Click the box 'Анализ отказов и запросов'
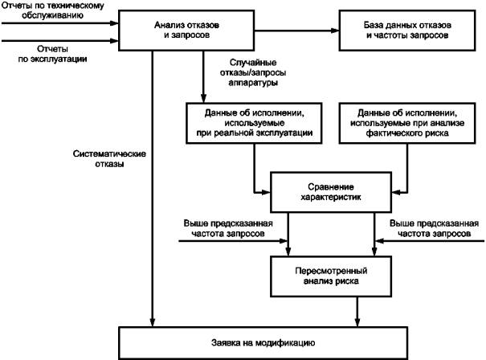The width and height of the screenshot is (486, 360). pos(186,31)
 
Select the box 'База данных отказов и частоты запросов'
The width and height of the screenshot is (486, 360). pos(407,31)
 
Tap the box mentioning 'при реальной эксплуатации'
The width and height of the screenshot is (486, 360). pos(254,123)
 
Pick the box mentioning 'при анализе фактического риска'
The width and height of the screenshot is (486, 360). pos(407,123)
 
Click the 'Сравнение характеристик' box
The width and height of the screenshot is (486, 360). pos(331,192)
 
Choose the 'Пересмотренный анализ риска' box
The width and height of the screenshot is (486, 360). pos(331,276)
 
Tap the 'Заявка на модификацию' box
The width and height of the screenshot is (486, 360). pos(263,343)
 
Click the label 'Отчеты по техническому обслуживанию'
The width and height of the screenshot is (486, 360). pos(53,10)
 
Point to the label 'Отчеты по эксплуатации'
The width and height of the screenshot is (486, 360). pos(52,54)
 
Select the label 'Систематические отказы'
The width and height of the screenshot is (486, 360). pos(109,159)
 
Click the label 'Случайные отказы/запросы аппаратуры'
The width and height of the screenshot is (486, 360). pos(253,72)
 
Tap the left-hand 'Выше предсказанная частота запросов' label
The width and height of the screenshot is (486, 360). pos(228,228)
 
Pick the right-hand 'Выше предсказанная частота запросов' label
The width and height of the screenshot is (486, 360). pos(434,228)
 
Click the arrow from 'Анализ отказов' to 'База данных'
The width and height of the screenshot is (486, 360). pos(297,31)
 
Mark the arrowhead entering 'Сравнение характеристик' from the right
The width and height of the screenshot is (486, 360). pos(396,192)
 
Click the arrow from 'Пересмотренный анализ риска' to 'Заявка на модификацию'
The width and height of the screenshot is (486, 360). pos(357,312)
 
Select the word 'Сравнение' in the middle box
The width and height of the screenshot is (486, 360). pos(331,187)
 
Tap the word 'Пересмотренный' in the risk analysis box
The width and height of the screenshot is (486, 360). pos(331,271)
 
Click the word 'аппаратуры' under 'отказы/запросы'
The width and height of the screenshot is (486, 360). pos(253,83)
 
